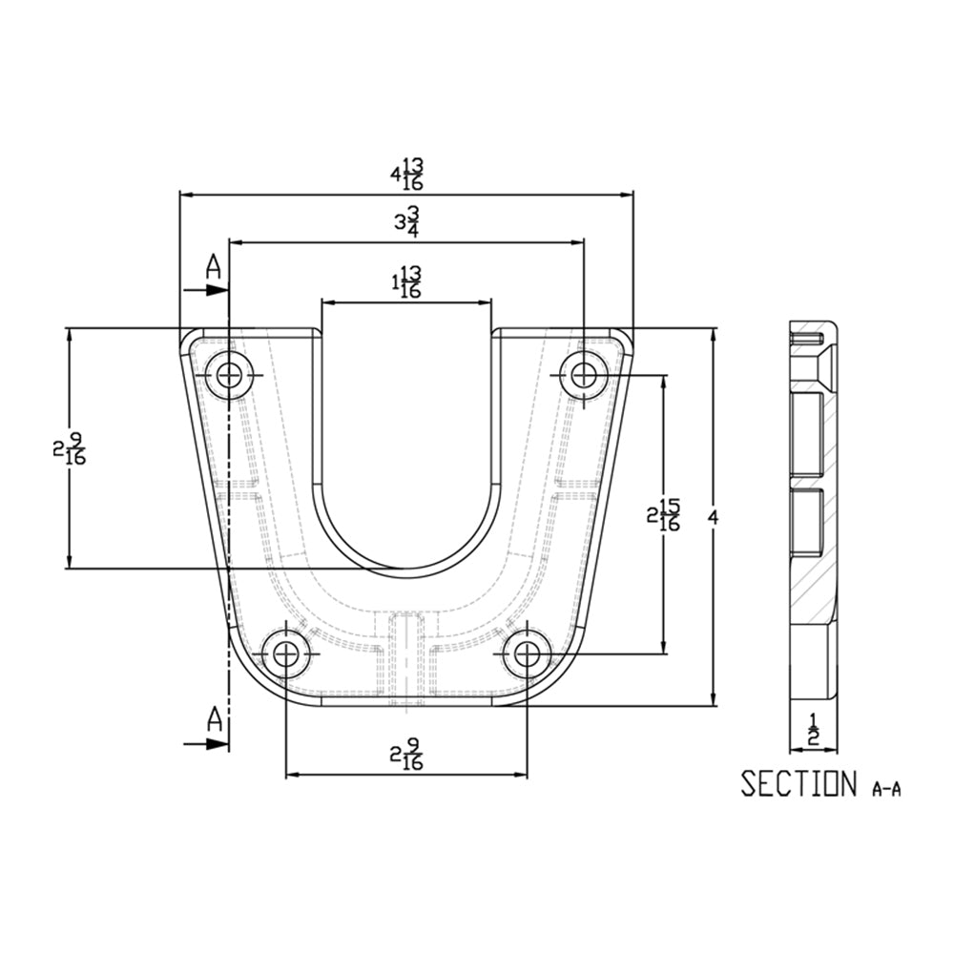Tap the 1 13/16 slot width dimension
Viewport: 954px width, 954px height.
coord(406,282)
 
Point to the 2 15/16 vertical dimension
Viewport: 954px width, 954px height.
coord(664,515)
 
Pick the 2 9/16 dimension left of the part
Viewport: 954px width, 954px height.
coord(71,448)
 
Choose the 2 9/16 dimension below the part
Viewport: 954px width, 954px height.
coord(406,756)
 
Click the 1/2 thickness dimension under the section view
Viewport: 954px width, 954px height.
coord(814,729)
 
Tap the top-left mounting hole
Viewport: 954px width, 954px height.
coord(229,375)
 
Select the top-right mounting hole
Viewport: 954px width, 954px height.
coord(584,374)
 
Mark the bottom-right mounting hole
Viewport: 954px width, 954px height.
coord(527,654)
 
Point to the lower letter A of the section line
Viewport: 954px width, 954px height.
coord(215,719)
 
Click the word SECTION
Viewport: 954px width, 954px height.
coord(799,783)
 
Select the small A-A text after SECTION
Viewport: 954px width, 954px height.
coord(886,788)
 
